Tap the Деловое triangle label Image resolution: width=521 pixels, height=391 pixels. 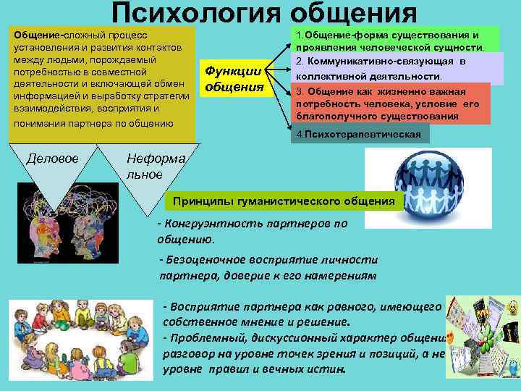click(x=52, y=158)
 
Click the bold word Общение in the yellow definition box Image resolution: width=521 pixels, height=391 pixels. click(x=36, y=35)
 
